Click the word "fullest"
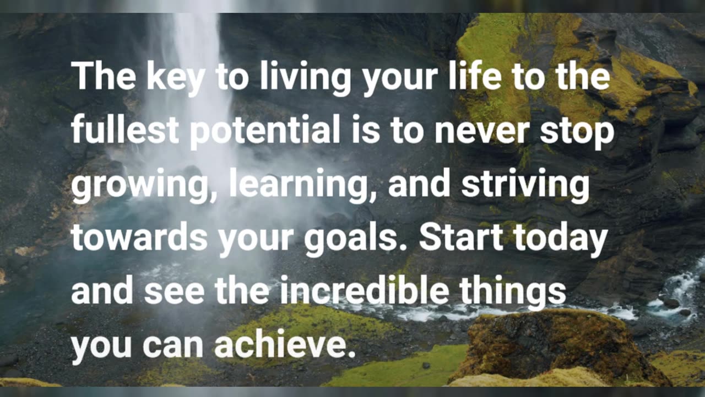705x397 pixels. point(125,131)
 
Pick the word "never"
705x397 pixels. point(482,131)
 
